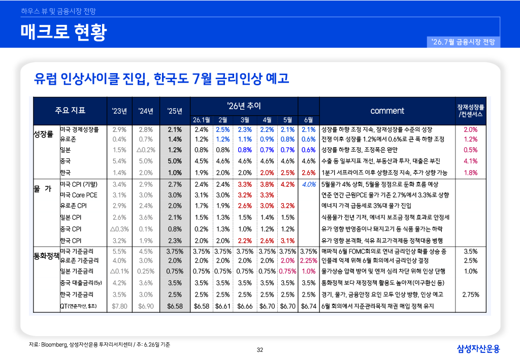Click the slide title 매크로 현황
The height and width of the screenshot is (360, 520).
tap(63, 32)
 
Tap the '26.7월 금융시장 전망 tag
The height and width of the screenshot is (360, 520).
tap(463, 42)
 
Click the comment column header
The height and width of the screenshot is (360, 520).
tap(387, 111)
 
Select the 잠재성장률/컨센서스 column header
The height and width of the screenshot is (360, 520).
tap(471, 111)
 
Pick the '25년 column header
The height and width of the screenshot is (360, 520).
tap(175, 111)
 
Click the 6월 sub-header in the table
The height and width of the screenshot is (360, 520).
tap(308, 120)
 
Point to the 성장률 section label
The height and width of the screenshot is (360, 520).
tap(43, 134)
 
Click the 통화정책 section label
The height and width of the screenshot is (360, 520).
tap(46, 255)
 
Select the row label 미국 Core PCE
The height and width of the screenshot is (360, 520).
tap(79, 195)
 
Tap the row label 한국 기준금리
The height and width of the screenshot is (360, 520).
tap(77, 294)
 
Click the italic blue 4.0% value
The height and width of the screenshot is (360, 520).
tap(309, 184)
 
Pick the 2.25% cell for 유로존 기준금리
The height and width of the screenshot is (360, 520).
tap(308, 260)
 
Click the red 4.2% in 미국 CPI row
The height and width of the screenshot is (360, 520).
tap(287, 184)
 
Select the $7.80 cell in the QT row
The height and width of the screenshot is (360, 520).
tap(119, 306)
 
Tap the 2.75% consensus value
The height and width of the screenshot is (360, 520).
tap(471, 294)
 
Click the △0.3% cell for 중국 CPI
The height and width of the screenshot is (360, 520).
tap(119, 229)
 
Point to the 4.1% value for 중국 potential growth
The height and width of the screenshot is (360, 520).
tap(471, 161)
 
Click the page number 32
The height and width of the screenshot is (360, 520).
tap(260, 350)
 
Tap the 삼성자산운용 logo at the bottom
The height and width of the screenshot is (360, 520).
tap(478, 348)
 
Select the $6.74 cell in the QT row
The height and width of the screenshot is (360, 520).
tap(309, 306)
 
